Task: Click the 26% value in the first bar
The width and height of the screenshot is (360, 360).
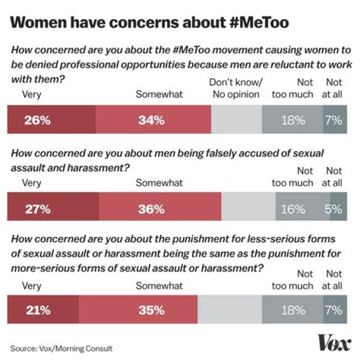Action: [x=37, y=120]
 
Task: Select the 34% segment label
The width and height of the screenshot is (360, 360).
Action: [x=151, y=120]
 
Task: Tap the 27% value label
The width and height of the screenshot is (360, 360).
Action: [x=38, y=209]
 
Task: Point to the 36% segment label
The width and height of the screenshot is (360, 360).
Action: [x=151, y=209]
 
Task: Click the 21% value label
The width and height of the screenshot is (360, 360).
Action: [x=38, y=310]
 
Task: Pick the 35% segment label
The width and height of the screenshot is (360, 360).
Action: [x=151, y=310]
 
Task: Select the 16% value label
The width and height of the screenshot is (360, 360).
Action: [x=293, y=209]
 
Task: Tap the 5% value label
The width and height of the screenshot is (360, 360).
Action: [x=333, y=209]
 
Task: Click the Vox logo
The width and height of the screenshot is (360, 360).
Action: [x=334, y=343]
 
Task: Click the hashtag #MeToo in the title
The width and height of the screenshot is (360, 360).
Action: [x=259, y=22]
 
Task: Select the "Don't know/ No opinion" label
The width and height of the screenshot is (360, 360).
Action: [x=236, y=88]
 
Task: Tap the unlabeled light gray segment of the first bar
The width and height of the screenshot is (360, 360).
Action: [x=236, y=119]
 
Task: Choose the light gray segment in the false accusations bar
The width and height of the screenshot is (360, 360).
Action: [x=248, y=206]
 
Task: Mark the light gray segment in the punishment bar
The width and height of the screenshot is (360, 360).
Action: [x=229, y=309]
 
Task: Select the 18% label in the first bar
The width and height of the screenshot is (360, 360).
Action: [x=293, y=120]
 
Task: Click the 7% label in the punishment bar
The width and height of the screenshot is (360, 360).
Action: [x=333, y=310]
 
